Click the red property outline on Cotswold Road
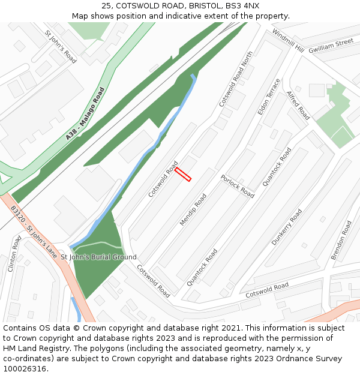[x=183, y=174]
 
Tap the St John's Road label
[x=61, y=47]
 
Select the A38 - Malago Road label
[x=85, y=114]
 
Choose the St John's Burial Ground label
[x=98, y=257]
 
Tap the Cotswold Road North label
[x=236, y=79]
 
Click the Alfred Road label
[x=298, y=106]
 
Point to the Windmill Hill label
[x=288, y=40]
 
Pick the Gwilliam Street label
[x=331, y=46]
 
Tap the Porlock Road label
[x=237, y=186]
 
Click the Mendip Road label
[x=193, y=209]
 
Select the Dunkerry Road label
[x=287, y=227]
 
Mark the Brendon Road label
[x=342, y=240]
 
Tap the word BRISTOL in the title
[x=194, y=5]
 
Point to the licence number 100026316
[x=25, y=368]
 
